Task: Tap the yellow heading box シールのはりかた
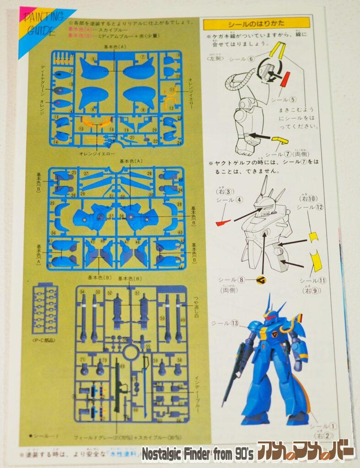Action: (256, 23)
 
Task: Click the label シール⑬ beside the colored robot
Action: (226, 323)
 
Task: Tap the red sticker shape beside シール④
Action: (223, 223)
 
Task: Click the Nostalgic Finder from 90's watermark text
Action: (197, 454)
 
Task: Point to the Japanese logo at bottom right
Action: (306, 452)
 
